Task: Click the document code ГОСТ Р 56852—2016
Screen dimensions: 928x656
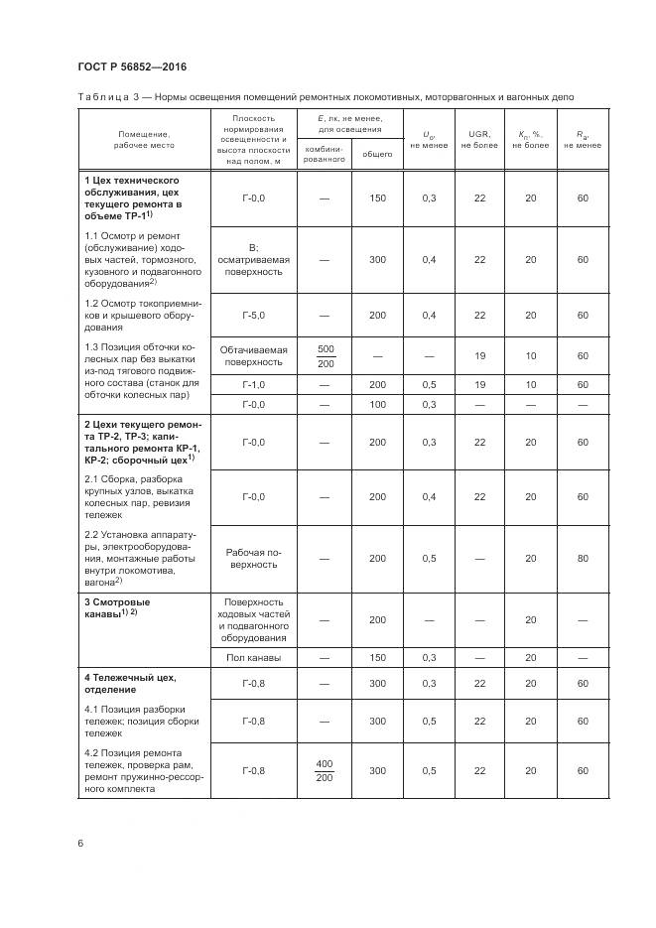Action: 132,66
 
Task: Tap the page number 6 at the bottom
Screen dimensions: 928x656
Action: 80,844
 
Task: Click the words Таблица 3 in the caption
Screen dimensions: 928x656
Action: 113,97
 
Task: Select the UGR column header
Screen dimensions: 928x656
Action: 479,139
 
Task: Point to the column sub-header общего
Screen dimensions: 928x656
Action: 376,153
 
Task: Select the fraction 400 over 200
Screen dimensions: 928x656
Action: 324,770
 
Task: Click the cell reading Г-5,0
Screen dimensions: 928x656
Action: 254,315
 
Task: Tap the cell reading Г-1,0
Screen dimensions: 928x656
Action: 254,384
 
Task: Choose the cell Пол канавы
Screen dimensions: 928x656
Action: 254,657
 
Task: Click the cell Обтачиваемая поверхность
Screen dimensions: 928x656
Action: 254,356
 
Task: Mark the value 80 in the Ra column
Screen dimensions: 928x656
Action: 582,559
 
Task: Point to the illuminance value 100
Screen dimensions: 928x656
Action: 377,405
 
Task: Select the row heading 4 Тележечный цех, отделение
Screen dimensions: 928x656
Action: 129,683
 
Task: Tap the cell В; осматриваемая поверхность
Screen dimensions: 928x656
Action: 254,259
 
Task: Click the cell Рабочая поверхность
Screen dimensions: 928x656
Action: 254,559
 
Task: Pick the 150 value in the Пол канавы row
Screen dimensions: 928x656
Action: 377,657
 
